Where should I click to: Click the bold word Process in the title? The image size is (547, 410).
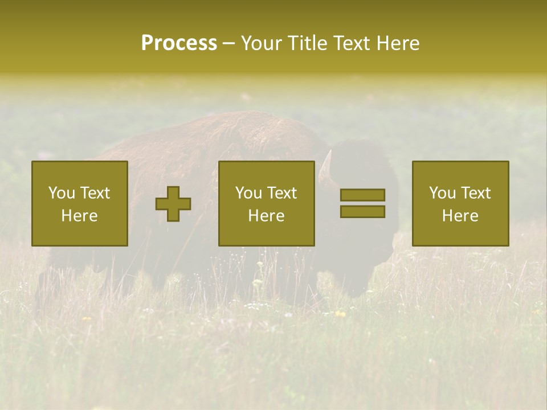coord(179,43)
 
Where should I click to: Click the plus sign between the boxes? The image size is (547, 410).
coord(173,204)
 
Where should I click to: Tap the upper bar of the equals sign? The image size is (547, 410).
coord(362,195)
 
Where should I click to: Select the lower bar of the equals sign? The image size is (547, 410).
coord(362,212)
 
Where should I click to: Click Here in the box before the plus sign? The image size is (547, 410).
coord(80,216)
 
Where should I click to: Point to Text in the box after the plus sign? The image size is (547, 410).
coord(282,193)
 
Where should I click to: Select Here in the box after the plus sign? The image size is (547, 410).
coord(267,216)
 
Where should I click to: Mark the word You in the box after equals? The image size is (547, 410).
coord(442,193)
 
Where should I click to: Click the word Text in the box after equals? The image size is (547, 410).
coord(476,193)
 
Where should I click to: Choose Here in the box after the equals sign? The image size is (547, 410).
coord(460,216)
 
